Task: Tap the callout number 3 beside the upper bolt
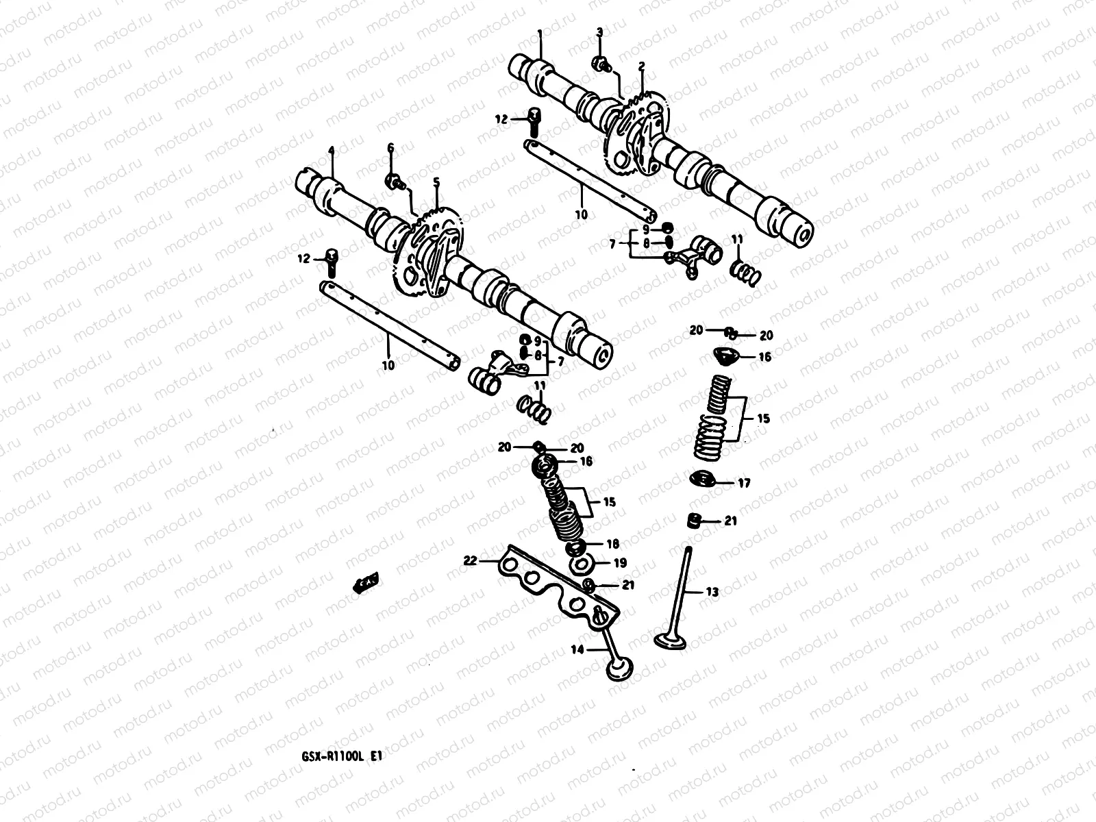599,32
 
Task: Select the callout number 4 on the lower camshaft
330,151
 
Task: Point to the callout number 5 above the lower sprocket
436,182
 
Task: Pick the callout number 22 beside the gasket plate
469,560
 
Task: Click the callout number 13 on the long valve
712,592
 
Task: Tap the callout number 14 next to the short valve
578,649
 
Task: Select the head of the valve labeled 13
670,641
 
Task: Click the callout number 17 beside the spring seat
744,483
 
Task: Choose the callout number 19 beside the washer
619,563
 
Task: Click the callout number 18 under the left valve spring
612,544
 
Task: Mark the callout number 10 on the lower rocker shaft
388,365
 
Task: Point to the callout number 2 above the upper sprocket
642,66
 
